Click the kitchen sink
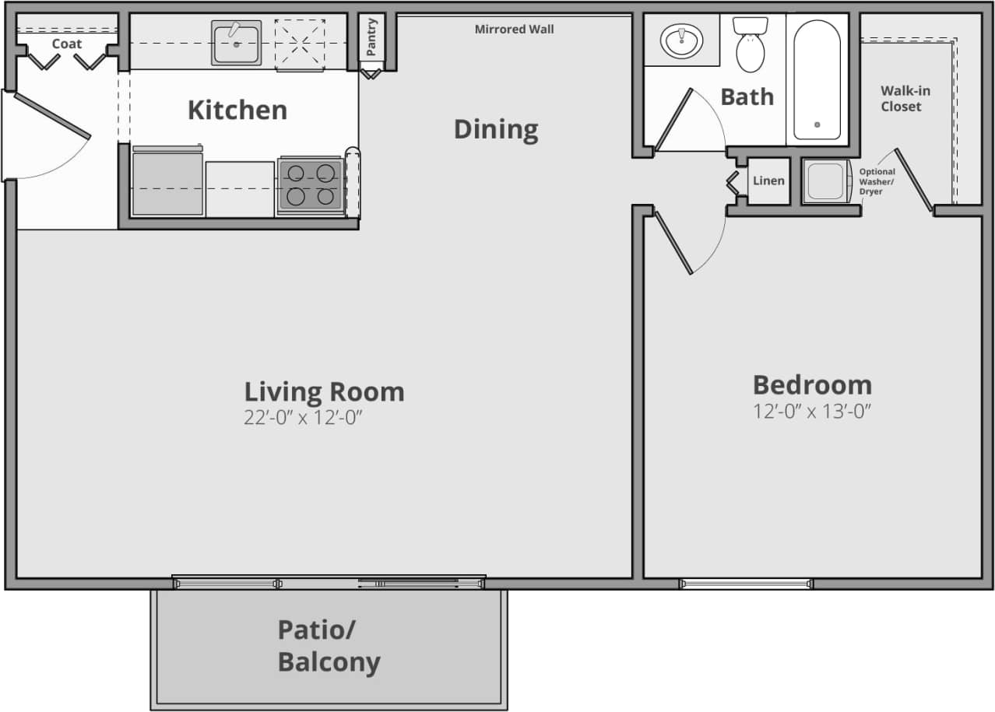point(236,43)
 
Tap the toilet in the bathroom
point(751,47)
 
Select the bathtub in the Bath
point(817,79)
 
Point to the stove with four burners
point(311,185)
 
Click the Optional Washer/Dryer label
point(877,181)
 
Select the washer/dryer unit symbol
point(824,181)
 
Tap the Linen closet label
point(768,181)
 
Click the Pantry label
point(371,37)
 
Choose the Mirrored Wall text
point(515,30)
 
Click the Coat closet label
point(67,44)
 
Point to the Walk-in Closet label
point(905,99)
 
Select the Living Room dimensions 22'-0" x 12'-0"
point(304,418)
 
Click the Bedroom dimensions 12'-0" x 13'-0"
point(812,412)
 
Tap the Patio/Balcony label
point(329,646)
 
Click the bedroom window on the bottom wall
point(746,584)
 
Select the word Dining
point(496,129)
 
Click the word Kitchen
point(237,110)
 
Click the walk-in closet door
point(913,181)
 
